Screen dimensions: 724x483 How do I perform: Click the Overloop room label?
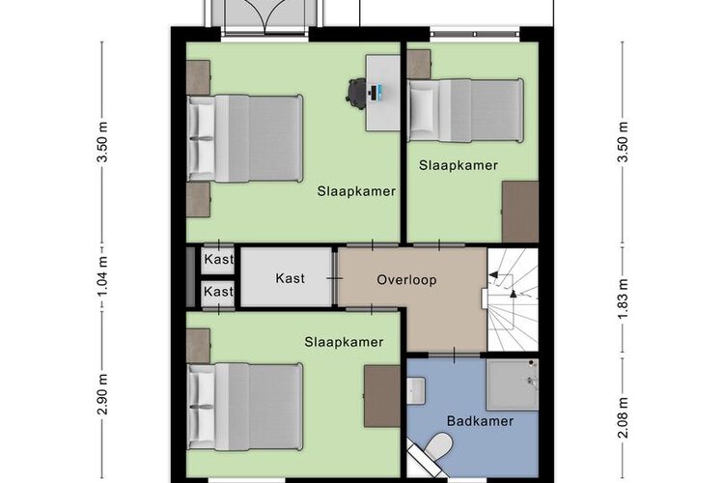pyautogui.click(x=406, y=279)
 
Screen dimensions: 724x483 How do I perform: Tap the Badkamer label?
pyautogui.click(x=480, y=421)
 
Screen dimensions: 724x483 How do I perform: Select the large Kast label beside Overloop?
pyautogui.click(x=290, y=278)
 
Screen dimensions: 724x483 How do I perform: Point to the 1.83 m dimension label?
pyautogui.click(x=624, y=298)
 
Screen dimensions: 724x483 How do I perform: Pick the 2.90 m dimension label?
pyautogui.click(x=102, y=394)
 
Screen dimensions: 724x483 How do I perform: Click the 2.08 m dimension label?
pyautogui.click(x=624, y=417)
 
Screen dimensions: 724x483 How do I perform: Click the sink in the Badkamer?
pyautogui.click(x=416, y=390)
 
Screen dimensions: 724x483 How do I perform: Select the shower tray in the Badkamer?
pyautogui.click(x=513, y=384)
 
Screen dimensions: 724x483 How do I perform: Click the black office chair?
pyautogui.click(x=355, y=94)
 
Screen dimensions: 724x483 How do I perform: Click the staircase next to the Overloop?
pyautogui.click(x=513, y=299)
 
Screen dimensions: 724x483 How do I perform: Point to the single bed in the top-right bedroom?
pyautogui.click(x=466, y=110)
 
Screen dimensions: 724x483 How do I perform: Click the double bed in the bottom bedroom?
pyautogui.click(x=245, y=407)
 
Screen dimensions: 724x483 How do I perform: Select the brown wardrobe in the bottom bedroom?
pyautogui.click(x=382, y=397)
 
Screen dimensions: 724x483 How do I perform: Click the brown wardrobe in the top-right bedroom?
pyautogui.click(x=520, y=212)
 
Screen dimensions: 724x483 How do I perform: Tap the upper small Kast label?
pyautogui.click(x=218, y=259)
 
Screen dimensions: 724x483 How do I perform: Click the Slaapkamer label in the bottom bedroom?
pyautogui.click(x=344, y=342)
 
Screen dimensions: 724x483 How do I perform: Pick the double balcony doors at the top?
pyautogui.click(x=265, y=16)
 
